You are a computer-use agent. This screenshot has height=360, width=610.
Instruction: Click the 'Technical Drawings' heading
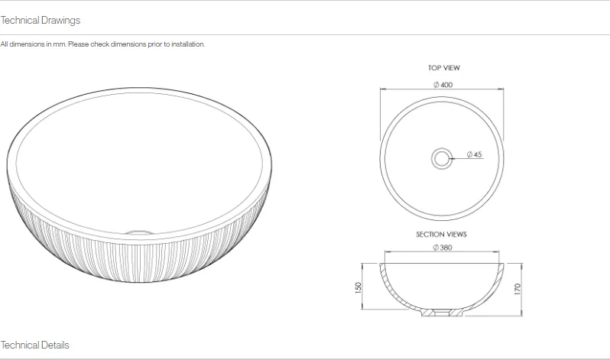[41, 20]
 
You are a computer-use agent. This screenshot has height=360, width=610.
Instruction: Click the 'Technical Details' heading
[35, 345]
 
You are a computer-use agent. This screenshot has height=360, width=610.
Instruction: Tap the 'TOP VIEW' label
[443, 68]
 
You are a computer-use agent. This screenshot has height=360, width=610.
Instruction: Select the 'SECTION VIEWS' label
[441, 235]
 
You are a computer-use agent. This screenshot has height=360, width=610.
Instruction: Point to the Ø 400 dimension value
[443, 85]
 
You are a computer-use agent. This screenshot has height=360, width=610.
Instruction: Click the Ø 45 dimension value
[475, 155]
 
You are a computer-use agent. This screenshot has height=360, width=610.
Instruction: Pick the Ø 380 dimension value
[443, 248]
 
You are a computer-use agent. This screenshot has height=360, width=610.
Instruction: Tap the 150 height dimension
[358, 287]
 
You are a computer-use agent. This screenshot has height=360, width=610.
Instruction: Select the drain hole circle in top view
[442, 158]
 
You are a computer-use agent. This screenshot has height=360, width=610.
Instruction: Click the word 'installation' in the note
[189, 44]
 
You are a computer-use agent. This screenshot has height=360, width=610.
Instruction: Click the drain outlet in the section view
[443, 313]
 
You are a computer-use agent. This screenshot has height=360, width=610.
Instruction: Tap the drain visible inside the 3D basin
[138, 228]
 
